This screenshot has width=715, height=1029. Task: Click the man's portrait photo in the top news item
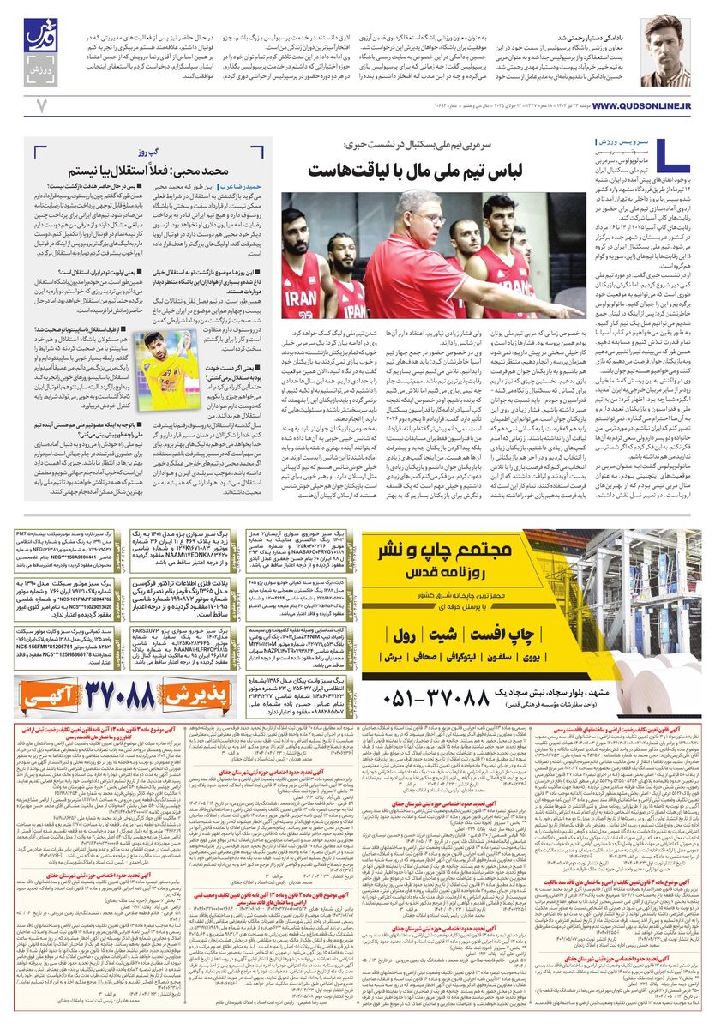[x=664, y=52]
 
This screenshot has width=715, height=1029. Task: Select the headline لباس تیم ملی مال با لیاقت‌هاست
[x=440, y=170]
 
